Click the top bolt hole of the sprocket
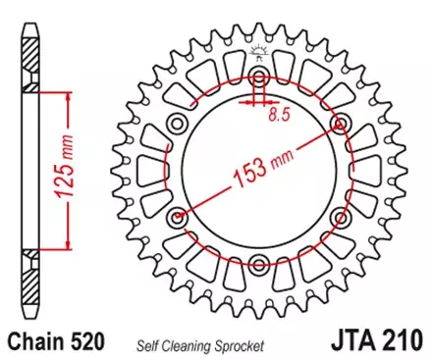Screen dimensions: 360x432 tap(259, 77)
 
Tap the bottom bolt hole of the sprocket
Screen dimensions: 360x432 tap(259, 261)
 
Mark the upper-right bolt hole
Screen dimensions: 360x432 tap(341, 124)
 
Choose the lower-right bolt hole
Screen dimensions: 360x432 tap(341, 216)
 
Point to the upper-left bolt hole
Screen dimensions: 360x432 tap(179, 124)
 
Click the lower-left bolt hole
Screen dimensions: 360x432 tap(179, 216)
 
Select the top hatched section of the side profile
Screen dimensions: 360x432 tap(29, 59)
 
